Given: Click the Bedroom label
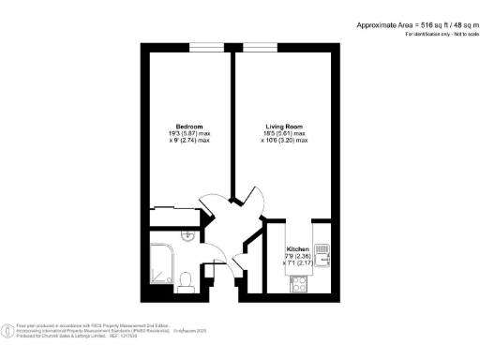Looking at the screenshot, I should [x=184, y=127].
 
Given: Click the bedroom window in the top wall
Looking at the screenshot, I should [x=206, y=46].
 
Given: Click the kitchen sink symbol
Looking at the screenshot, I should [x=321, y=252].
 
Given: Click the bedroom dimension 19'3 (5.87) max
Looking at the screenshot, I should [x=185, y=133].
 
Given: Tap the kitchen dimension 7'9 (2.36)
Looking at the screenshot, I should [x=298, y=256].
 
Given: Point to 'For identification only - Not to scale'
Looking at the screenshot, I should [x=436, y=34].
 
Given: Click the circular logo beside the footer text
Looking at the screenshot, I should [x=8, y=330].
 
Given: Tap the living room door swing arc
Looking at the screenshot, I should [x=246, y=197].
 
